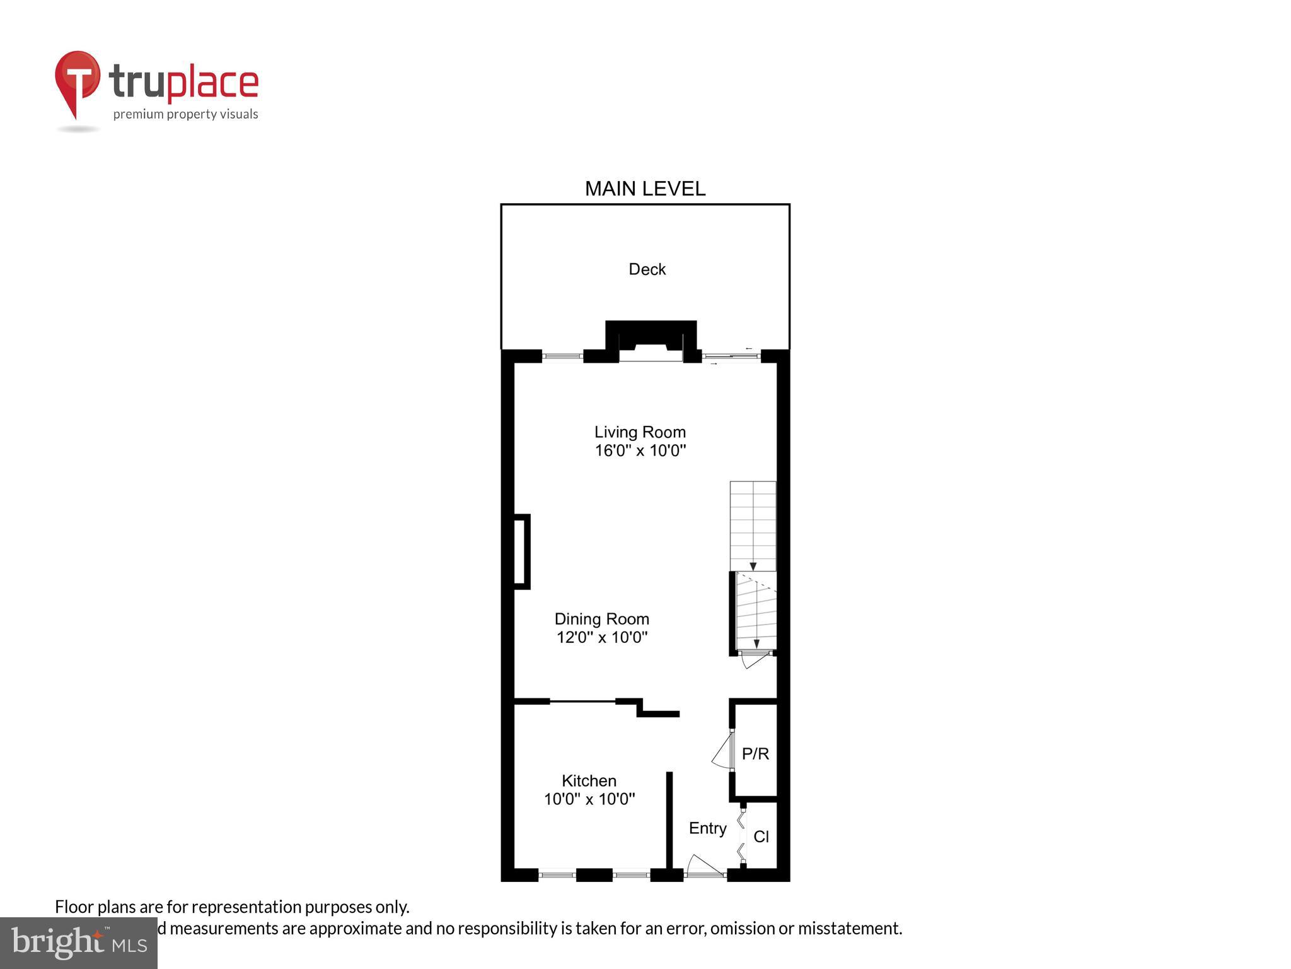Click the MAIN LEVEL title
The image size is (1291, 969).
(x=645, y=189)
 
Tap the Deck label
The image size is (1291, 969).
(x=647, y=269)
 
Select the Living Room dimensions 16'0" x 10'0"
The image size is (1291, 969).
(x=640, y=450)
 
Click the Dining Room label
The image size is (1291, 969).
(x=601, y=619)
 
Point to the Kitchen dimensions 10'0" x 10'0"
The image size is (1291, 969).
(x=589, y=799)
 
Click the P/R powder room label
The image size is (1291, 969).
(x=755, y=754)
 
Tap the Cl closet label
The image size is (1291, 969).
(x=761, y=837)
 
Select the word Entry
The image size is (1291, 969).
(x=707, y=828)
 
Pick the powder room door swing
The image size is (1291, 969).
(x=722, y=751)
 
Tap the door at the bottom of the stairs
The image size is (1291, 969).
(x=755, y=659)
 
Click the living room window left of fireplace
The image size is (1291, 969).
(x=563, y=356)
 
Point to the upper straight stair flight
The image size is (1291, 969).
(x=753, y=526)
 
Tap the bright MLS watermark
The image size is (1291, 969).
(x=79, y=943)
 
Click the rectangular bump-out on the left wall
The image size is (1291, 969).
(x=521, y=552)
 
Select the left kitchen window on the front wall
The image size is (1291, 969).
(x=557, y=875)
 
